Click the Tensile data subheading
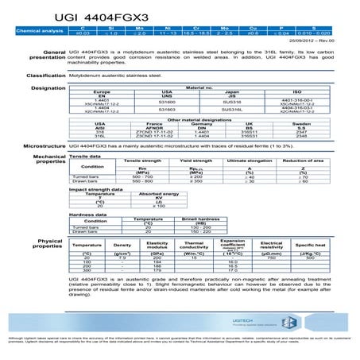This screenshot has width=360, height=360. pyautogui.click(x=85, y=157)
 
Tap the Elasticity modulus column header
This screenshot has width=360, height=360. pyautogui.click(x=158, y=244)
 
